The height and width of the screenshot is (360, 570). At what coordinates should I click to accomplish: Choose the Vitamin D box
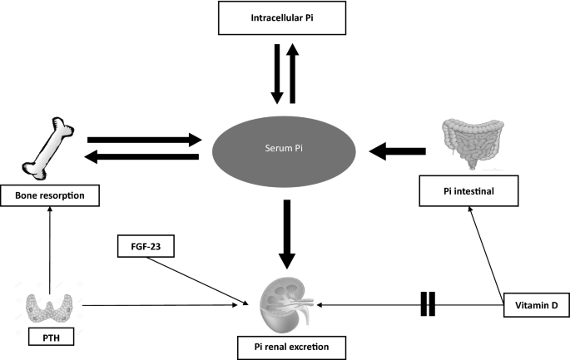[x=536, y=305]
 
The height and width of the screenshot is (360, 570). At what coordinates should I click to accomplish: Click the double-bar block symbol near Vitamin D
[x=428, y=304]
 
